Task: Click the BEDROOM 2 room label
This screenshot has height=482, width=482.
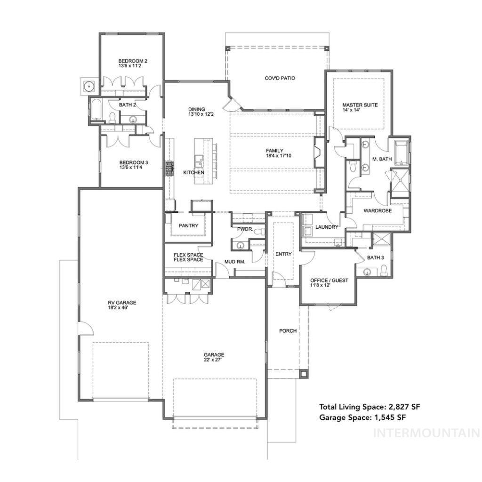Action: click(133, 61)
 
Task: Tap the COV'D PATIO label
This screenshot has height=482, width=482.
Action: click(280, 78)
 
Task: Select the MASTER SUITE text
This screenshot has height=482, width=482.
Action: click(360, 105)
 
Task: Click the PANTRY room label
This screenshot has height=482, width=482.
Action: click(188, 225)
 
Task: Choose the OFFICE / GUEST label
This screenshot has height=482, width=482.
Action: click(329, 280)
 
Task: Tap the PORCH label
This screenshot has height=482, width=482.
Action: click(288, 330)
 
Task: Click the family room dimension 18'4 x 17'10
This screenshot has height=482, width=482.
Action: click(274, 156)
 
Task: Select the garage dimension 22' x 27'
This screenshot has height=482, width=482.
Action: click(214, 360)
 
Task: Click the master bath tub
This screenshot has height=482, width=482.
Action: click(401, 152)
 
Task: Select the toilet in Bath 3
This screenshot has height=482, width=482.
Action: click(384, 270)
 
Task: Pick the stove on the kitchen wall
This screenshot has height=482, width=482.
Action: click(169, 168)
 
